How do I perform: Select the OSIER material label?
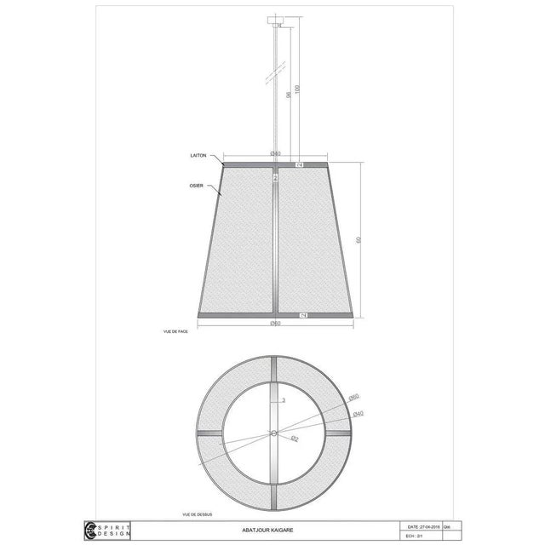click(x=195, y=184)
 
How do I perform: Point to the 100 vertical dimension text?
click(x=297, y=89)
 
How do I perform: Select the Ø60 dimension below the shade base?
click(x=274, y=323)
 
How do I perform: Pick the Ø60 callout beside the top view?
click(x=354, y=397)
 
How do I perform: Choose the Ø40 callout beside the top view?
click(x=359, y=413)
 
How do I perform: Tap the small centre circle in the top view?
click(x=273, y=433)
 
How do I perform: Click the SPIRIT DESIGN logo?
click(x=106, y=530)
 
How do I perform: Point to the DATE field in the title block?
click(x=423, y=525)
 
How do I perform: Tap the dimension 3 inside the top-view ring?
click(x=283, y=399)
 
